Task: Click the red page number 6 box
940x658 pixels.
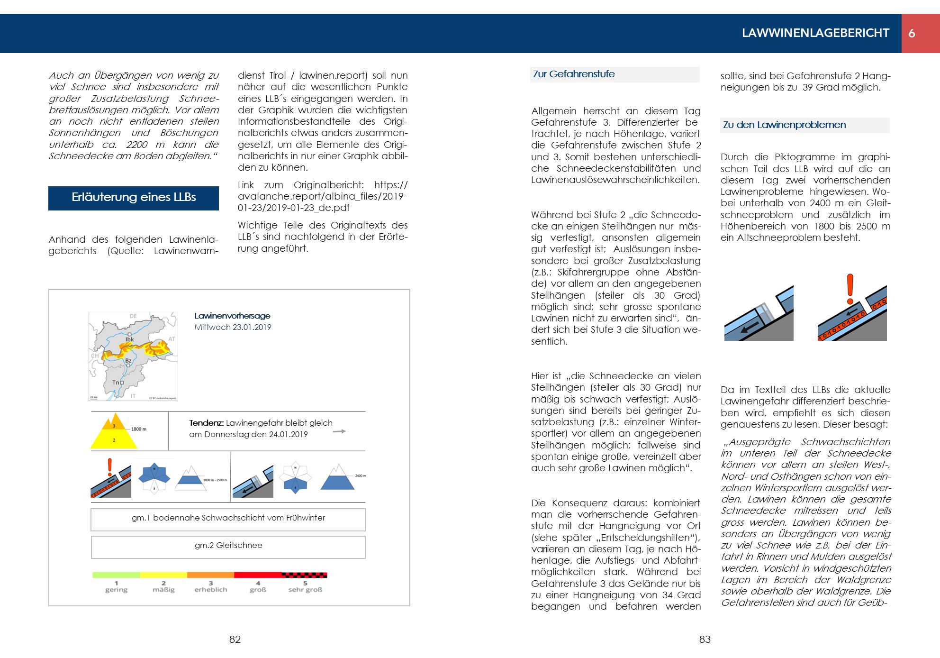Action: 920,33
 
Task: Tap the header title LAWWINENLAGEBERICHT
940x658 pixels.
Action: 815,33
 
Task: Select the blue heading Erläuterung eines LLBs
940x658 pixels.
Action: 134,198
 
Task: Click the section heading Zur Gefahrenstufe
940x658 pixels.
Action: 574,74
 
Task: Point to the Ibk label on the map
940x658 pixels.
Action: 129,339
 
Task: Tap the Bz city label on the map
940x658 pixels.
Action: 128,361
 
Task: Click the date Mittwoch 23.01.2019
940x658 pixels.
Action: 233,327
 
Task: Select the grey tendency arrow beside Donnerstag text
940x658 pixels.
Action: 339,431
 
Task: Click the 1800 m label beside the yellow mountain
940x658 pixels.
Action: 139,429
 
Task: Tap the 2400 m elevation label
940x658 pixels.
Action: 361,475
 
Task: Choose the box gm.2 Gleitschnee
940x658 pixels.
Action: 228,546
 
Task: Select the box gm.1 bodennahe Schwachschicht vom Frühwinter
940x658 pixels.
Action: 228,519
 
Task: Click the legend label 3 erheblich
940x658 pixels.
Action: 211,587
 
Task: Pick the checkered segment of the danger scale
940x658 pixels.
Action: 304,575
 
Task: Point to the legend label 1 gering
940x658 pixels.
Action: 116,587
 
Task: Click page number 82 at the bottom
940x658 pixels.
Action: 235,640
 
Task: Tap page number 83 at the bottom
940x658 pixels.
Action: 705,640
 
